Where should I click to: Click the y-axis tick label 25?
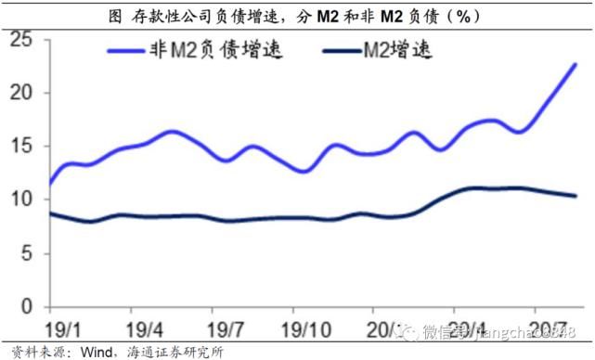tap(20, 40)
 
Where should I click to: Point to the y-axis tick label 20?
tap(20, 93)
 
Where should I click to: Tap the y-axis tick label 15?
tap(20, 147)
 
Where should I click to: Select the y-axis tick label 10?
tap(20, 199)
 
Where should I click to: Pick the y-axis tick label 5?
tap(26, 253)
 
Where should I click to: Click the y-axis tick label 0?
tap(26, 306)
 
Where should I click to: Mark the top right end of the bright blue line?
tap(576, 64)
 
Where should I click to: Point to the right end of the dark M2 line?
tap(576, 196)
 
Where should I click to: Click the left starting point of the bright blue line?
tap(46, 183)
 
